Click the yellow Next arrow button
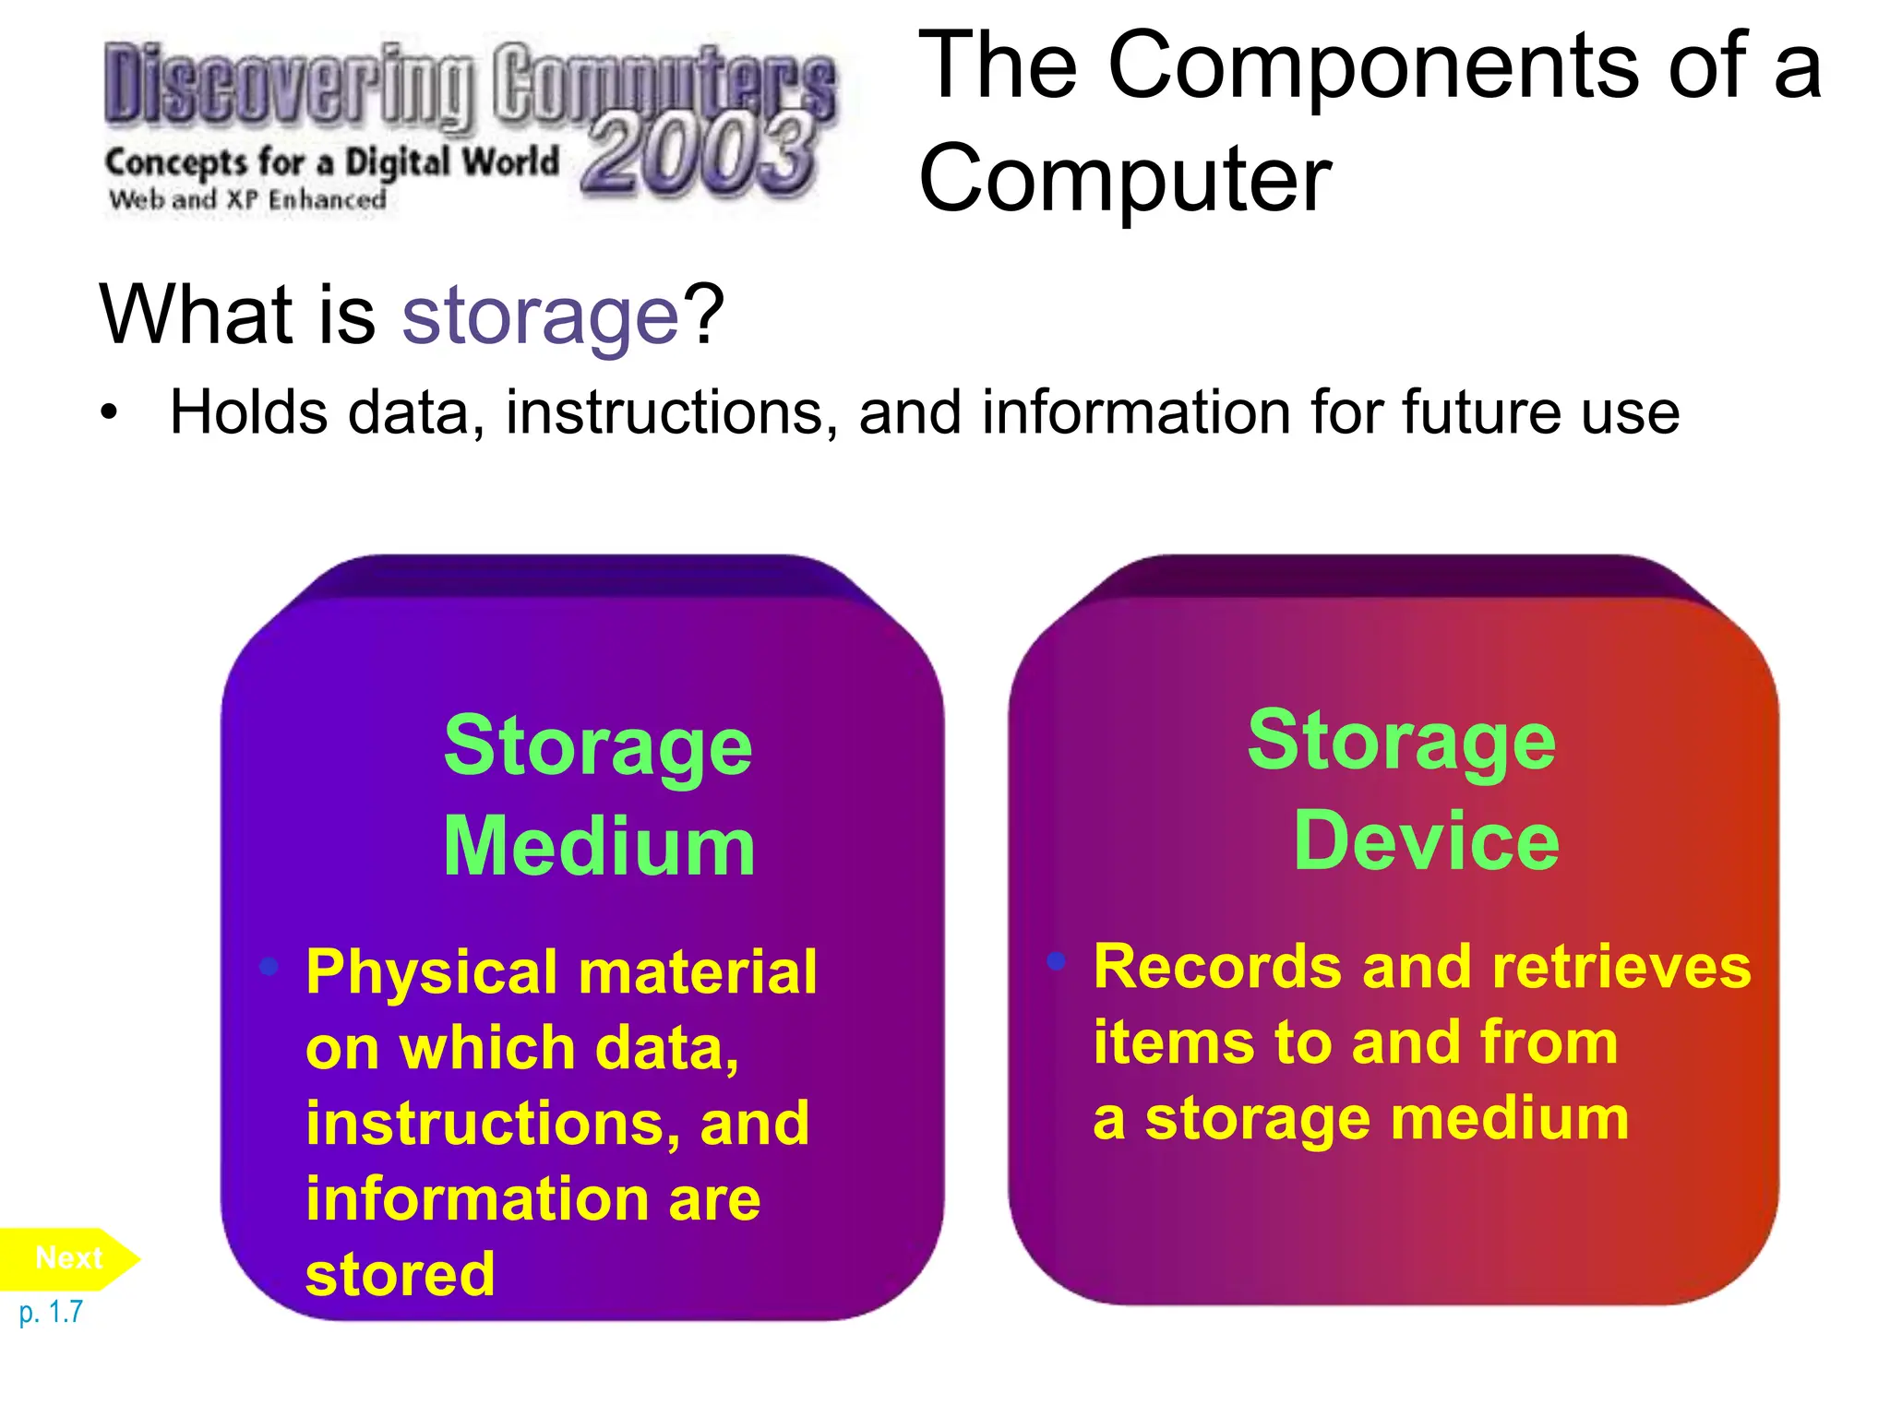click(69, 1258)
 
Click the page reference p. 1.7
click(52, 1312)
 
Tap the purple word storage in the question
click(541, 316)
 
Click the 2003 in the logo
click(700, 154)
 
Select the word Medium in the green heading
click(600, 847)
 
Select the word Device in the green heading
click(1426, 840)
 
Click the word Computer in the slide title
click(1125, 178)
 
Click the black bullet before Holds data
click(110, 412)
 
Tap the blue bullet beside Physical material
click(269, 966)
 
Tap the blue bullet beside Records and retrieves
click(1057, 961)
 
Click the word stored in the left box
click(401, 1275)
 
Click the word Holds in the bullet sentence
click(248, 411)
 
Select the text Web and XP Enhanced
click(247, 199)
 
